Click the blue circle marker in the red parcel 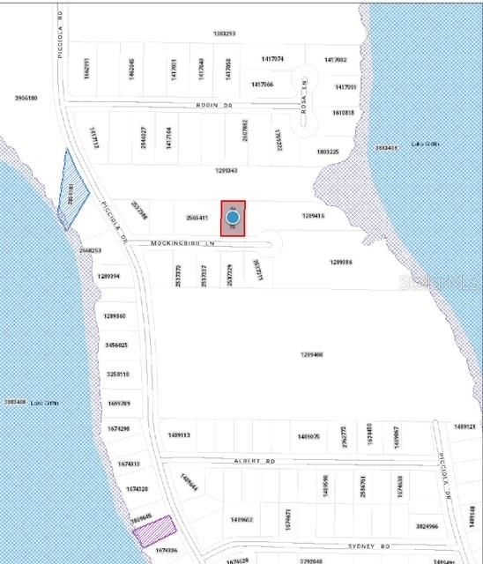(233, 217)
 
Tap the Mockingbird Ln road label (182, 242)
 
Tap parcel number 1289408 (312, 354)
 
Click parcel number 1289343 (227, 170)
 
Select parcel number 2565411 (197, 218)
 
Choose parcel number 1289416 (314, 215)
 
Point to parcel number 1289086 (341, 262)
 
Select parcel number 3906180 (26, 98)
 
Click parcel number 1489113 (179, 435)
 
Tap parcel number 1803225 (328, 152)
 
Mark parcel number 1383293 (225, 33)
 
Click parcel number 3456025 (116, 345)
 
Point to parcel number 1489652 (241, 520)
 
